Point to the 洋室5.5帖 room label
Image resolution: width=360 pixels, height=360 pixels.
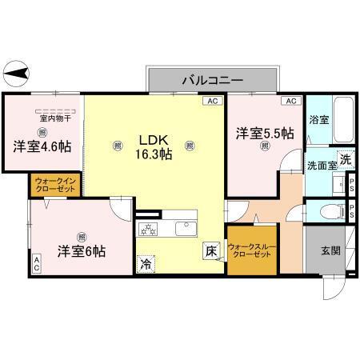pyautogui.click(x=263, y=133)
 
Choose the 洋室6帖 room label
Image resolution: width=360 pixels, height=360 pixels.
pyautogui.click(x=80, y=251)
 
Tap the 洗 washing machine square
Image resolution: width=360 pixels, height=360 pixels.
pyautogui.click(x=345, y=160)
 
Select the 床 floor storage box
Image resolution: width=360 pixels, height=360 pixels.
pyautogui.click(x=210, y=249)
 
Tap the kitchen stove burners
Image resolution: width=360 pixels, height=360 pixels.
pyautogui.click(x=149, y=230)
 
